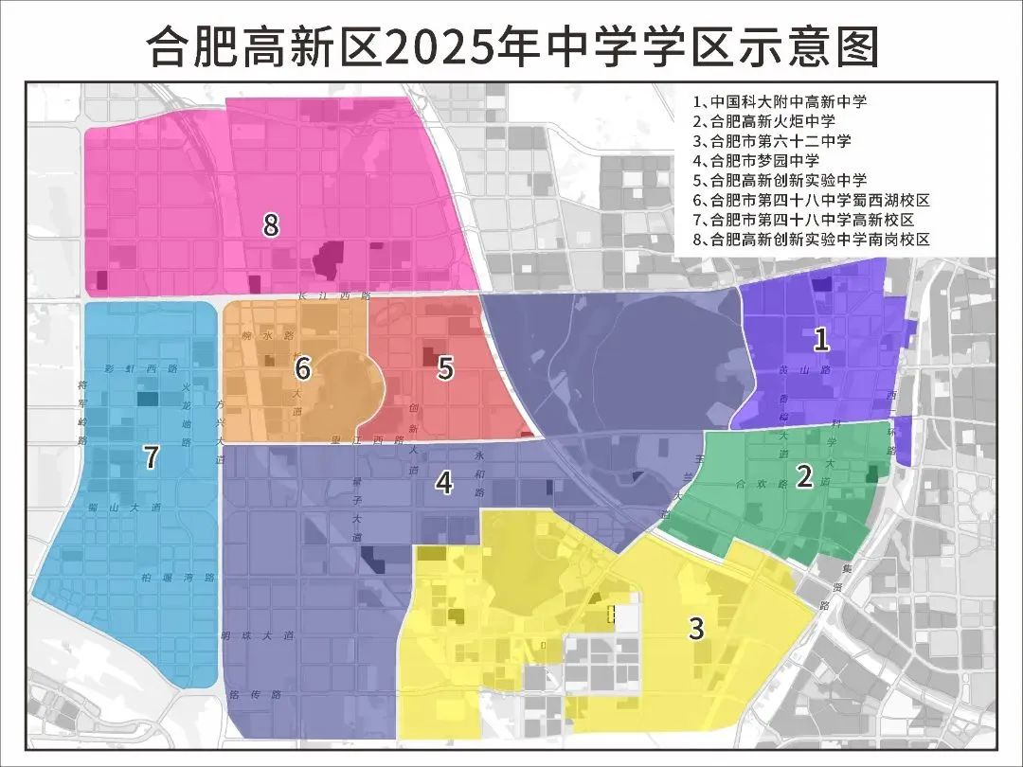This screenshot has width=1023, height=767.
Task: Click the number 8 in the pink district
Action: click(x=271, y=225)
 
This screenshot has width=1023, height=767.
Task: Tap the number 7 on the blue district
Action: click(x=150, y=457)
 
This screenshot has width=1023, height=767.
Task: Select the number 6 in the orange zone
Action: click(x=303, y=366)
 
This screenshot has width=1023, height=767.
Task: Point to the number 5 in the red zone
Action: click(x=445, y=367)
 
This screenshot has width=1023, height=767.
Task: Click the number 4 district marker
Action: click(x=443, y=482)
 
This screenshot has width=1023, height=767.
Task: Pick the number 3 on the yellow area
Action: click(x=696, y=628)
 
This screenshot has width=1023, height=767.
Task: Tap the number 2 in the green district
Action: click(x=804, y=476)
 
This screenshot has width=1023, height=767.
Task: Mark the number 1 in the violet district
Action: click(x=822, y=337)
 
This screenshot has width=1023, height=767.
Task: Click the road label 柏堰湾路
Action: click(x=178, y=577)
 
